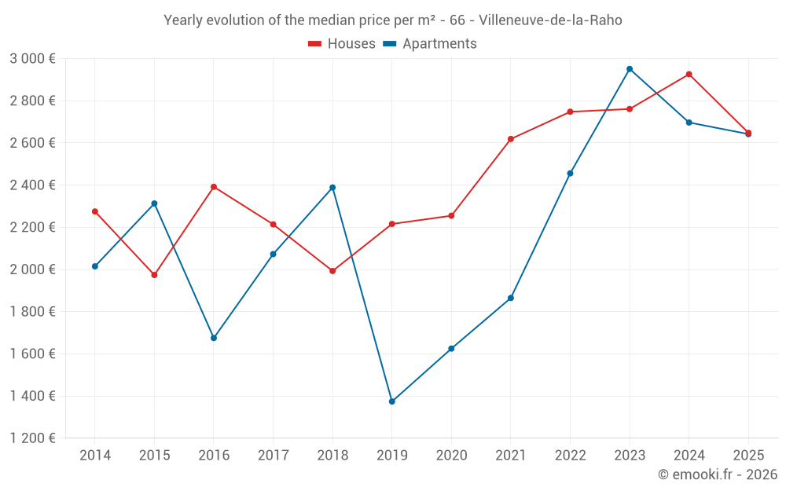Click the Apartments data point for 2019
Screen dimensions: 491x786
[391, 401]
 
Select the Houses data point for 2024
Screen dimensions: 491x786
[689, 75]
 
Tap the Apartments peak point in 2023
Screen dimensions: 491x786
[630, 69]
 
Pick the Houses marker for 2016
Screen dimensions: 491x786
[214, 187]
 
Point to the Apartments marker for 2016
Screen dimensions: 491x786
[214, 338]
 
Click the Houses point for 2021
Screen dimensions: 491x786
[511, 139]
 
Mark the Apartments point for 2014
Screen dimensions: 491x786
[95, 266]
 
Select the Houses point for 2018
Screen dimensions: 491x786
[332, 271]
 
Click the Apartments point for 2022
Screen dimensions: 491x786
[570, 174]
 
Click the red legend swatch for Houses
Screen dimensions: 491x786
[315, 44]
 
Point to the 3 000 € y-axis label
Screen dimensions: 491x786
[32, 59]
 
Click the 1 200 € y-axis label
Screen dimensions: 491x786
[32, 438]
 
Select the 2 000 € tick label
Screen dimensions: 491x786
[32, 269]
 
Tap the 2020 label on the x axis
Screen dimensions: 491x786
[451, 456]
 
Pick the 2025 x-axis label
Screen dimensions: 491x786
[748, 456]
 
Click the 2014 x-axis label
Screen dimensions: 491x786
[95, 456]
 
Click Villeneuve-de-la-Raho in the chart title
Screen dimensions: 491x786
[550, 20]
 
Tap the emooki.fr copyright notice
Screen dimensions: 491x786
[718, 475]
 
